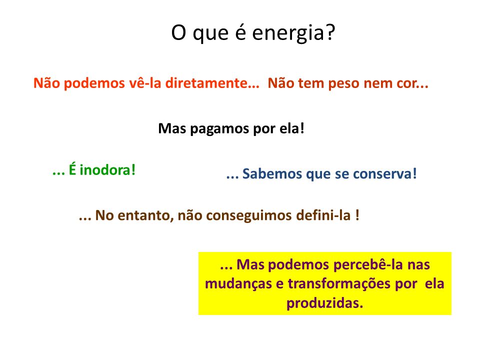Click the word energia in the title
tap(288, 33)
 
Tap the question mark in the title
tap(330, 32)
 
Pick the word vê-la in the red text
tap(145, 82)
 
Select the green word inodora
tap(105, 170)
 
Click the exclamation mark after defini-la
tap(357, 215)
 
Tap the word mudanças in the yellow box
tap(238, 284)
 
